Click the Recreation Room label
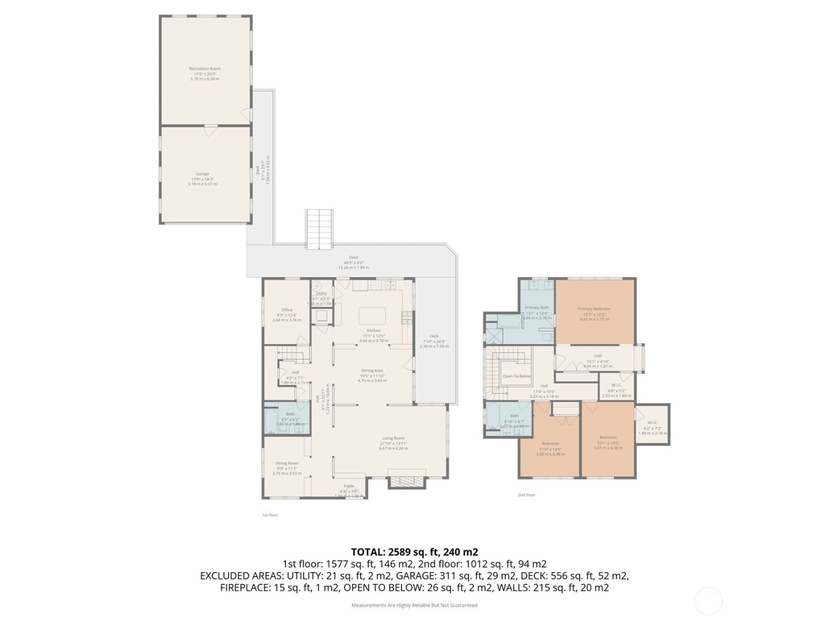click(205, 69)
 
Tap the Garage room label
click(203, 174)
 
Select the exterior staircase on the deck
click(319, 229)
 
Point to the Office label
click(287, 310)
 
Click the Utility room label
click(321, 293)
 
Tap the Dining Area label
click(372, 371)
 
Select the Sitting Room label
click(287, 463)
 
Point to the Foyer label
click(349, 486)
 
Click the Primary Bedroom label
click(594, 309)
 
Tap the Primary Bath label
click(536, 307)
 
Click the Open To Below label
click(516, 376)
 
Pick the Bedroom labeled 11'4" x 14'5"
click(550, 444)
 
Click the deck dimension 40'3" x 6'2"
click(354, 262)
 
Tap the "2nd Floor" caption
click(526, 495)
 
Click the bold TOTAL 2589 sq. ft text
click(415, 552)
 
